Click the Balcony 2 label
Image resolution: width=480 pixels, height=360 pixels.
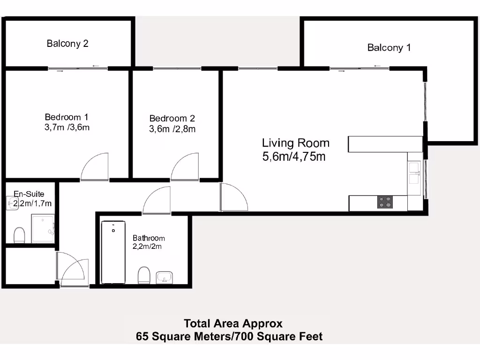tap(67, 44)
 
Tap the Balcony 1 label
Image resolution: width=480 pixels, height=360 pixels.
tap(389, 47)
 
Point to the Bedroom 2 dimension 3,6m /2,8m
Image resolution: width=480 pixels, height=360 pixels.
tap(172, 129)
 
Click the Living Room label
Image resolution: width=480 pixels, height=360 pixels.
tap(295, 143)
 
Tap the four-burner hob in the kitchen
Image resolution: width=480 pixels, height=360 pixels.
tap(385, 202)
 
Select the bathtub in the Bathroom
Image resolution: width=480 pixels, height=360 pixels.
tap(113, 252)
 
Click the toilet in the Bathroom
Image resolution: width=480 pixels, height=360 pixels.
tap(144, 275)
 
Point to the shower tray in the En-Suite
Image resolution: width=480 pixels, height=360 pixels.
tap(43, 229)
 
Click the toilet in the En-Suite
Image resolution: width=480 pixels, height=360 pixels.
tap(19, 235)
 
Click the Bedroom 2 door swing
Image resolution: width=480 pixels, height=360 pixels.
tap(185, 167)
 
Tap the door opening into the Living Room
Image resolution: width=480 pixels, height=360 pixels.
tap(233, 197)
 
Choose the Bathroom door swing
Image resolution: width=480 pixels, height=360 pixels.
tap(157, 200)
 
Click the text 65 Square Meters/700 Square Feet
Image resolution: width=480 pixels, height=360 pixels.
tap(229, 336)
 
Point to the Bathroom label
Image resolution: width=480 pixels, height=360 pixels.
tap(148, 238)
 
